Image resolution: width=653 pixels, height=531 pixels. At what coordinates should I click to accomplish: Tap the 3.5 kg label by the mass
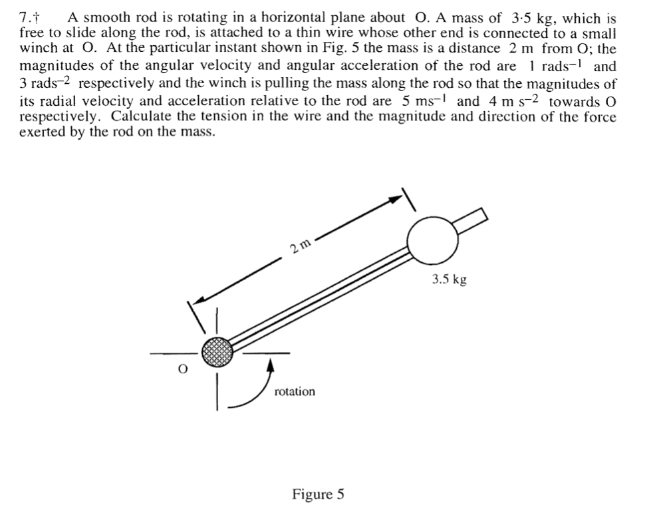[x=449, y=279]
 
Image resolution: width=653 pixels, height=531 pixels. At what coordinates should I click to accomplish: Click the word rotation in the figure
[x=295, y=391]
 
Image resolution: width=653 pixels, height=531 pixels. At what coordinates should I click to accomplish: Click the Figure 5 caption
[x=318, y=494]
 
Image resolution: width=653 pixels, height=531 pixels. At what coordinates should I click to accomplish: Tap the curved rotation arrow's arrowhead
[x=269, y=363]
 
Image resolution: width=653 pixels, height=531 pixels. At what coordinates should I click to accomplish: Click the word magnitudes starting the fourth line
[x=53, y=67]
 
